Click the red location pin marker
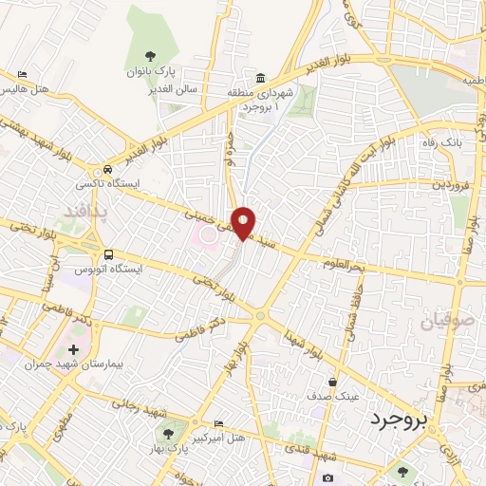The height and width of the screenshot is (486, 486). (x=244, y=222)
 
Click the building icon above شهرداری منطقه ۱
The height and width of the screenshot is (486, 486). (x=259, y=77)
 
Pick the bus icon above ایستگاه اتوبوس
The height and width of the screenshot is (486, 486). (x=109, y=253)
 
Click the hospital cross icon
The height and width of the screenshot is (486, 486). (x=74, y=349)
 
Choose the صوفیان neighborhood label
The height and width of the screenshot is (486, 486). (x=443, y=321)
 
